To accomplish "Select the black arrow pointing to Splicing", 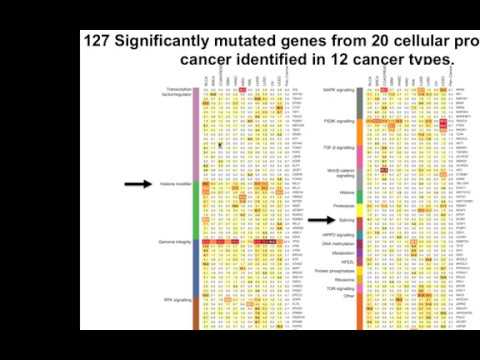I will (321, 218).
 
